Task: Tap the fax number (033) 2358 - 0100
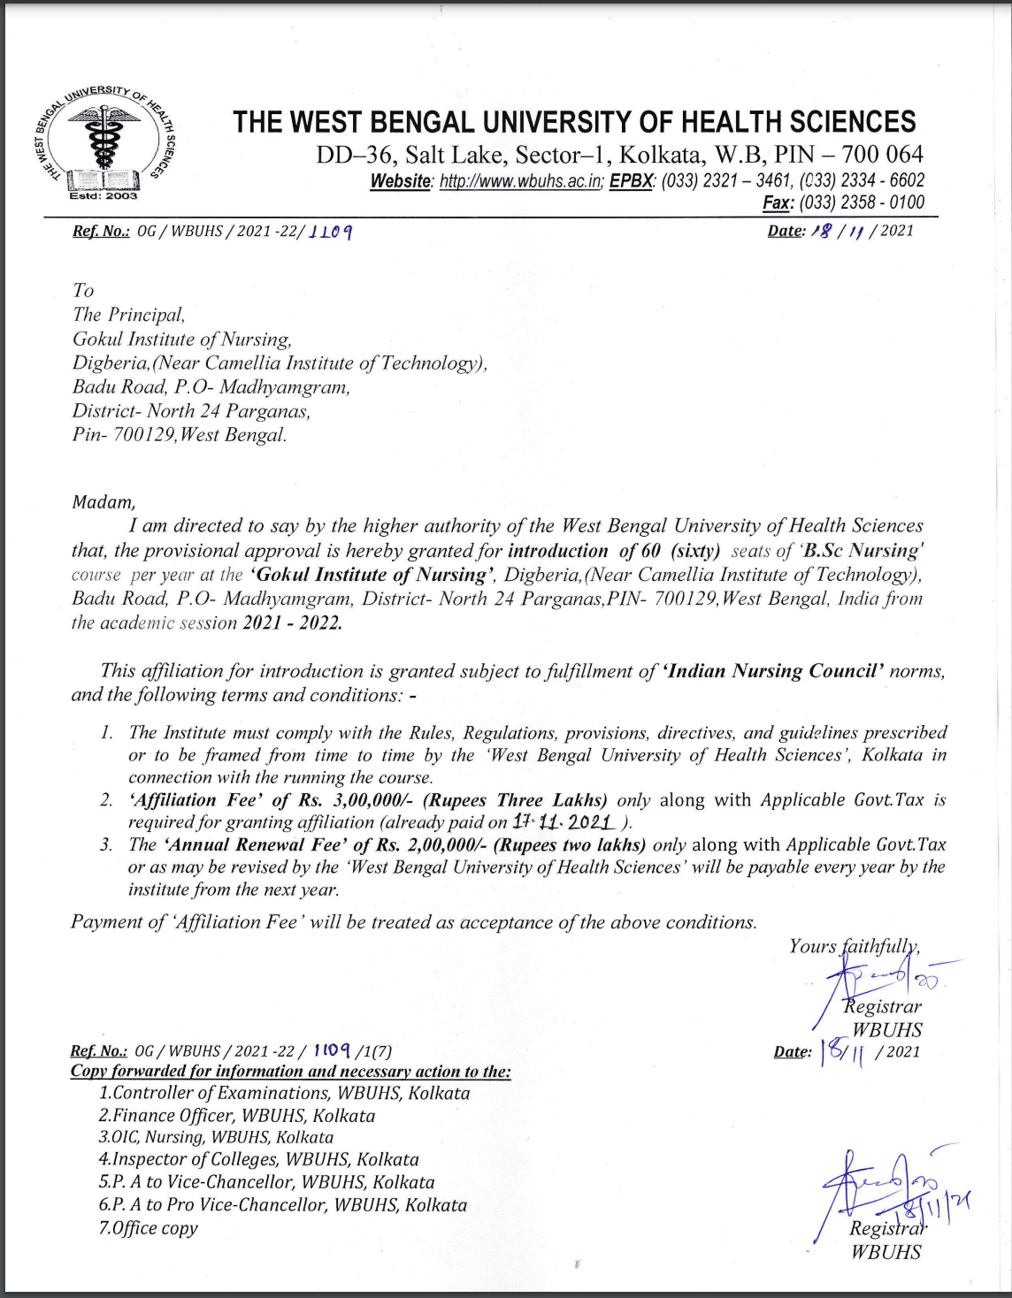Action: (x=862, y=202)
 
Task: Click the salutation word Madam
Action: (x=103, y=502)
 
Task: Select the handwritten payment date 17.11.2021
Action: (x=563, y=822)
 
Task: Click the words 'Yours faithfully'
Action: (x=855, y=946)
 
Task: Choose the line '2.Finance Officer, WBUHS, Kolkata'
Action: (x=237, y=1116)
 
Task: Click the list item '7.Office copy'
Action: (x=149, y=1228)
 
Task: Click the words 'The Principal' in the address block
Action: (x=129, y=315)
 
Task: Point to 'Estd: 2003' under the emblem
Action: (x=103, y=196)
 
